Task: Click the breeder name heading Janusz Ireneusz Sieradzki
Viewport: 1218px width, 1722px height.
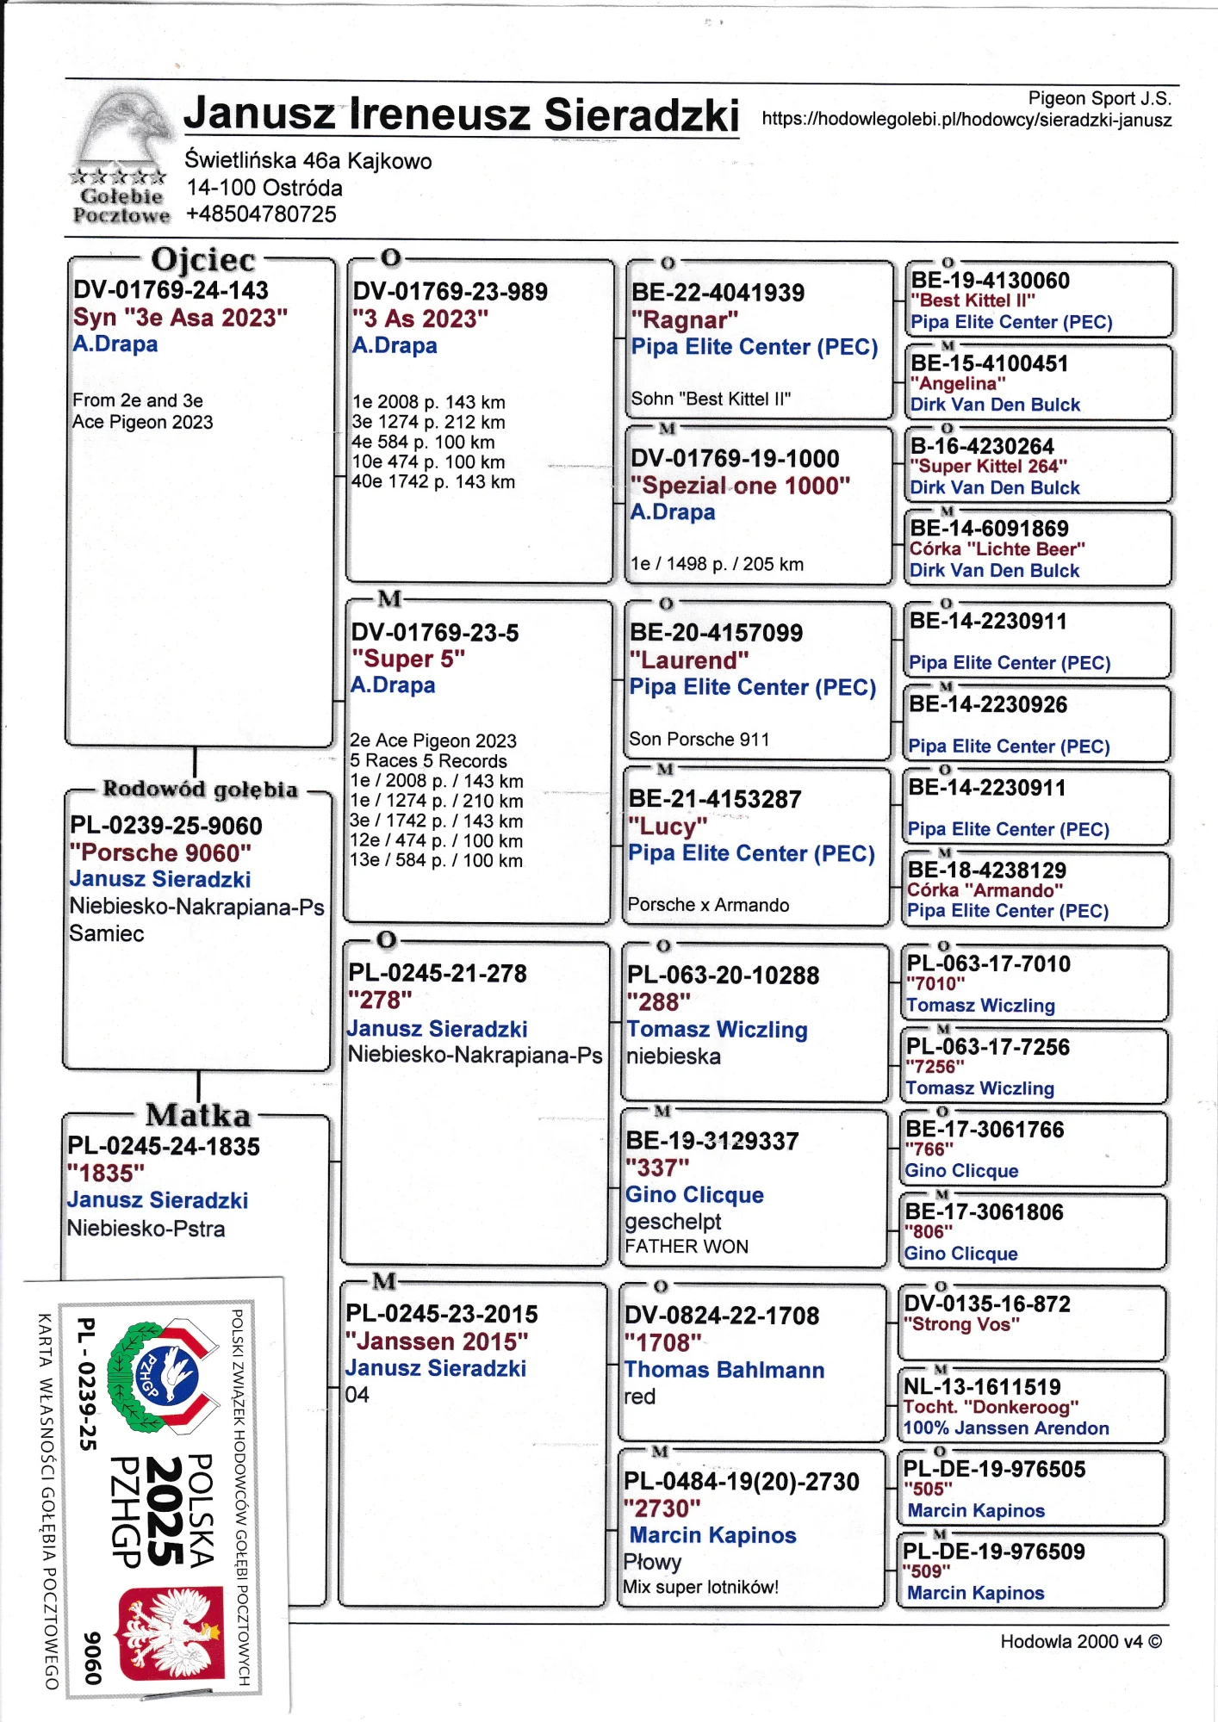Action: pos(461,115)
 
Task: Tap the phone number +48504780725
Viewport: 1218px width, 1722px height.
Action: pos(261,214)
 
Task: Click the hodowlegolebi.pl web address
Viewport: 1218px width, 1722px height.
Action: pos(966,120)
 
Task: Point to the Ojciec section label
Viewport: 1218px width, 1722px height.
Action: pos(203,260)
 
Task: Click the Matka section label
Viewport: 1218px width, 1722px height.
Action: pos(198,1115)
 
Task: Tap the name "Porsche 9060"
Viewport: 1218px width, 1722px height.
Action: pos(161,852)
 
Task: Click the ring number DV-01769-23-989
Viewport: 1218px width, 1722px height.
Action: pos(450,292)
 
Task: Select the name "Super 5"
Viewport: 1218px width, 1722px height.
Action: pos(407,659)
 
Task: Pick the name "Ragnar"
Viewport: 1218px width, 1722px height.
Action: pos(684,320)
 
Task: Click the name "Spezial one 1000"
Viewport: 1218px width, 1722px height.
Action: pos(740,486)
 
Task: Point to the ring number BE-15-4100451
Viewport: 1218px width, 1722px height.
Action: pos(977,363)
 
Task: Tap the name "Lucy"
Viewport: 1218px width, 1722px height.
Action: pos(668,827)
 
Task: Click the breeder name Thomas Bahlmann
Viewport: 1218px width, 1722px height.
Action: pos(724,1370)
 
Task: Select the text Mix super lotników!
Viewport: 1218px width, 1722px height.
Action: pos(700,1587)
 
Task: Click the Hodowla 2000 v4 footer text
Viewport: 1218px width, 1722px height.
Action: pos(1080,1641)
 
